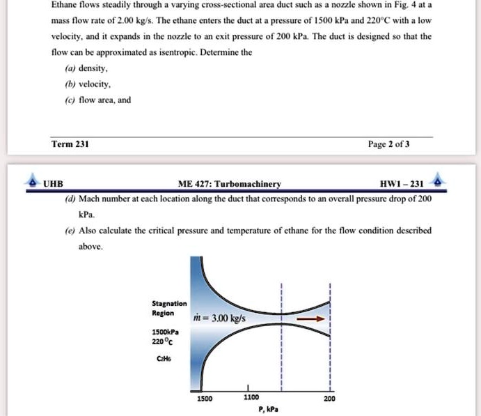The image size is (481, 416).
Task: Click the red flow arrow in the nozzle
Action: coord(310,318)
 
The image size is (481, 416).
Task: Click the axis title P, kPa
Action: coord(267,410)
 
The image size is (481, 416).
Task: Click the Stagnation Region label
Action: coord(169,308)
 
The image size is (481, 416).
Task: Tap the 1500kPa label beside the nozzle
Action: coord(166,334)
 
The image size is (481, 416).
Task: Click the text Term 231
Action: coord(70,144)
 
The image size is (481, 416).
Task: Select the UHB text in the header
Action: coord(53,184)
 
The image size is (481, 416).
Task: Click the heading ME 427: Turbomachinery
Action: coord(229,184)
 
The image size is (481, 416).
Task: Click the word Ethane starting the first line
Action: coord(66,4)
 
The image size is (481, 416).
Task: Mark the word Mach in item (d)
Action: coord(91,198)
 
